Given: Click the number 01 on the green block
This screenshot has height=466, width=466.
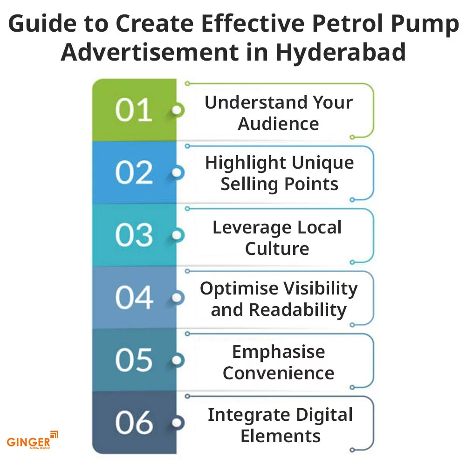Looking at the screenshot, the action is [x=134, y=110].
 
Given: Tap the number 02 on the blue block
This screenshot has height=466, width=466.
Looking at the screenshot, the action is [x=134, y=173].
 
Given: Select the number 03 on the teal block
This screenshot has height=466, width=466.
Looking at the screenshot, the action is [x=134, y=235].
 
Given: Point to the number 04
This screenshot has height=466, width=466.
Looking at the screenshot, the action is [x=134, y=297].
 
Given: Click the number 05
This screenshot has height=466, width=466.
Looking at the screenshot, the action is [x=134, y=360].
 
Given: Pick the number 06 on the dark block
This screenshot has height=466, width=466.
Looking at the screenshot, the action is [x=134, y=423].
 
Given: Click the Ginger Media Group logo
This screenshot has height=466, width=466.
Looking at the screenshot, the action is [x=32, y=440].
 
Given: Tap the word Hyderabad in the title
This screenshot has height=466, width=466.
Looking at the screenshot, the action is [x=341, y=52].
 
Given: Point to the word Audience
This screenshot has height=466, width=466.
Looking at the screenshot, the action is [x=279, y=123].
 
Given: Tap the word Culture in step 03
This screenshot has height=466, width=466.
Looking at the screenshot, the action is [x=277, y=248].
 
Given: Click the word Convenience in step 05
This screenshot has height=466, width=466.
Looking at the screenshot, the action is [x=279, y=373].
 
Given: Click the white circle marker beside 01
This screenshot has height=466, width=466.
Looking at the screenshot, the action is [x=177, y=110].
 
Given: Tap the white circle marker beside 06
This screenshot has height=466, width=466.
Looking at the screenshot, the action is [x=177, y=423].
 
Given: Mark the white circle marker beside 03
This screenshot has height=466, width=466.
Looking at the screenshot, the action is [x=177, y=235].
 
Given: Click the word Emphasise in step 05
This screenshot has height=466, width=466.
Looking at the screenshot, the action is [x=279, y=353].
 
